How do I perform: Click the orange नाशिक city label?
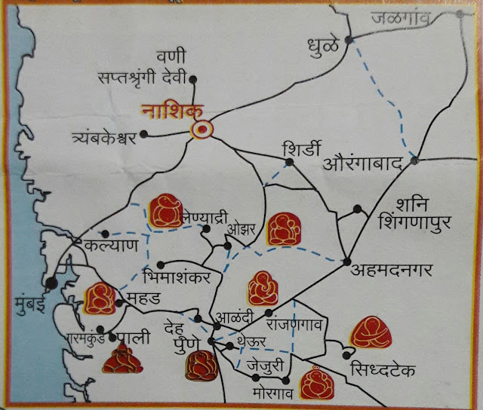(168, 113)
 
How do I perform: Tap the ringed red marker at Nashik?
(202, 130)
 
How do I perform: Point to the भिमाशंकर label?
(179, 274)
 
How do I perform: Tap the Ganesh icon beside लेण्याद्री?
(165, 211)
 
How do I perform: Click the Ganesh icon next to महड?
(100, 298)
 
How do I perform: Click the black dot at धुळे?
(348, 39)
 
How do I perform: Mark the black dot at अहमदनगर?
(346, 261)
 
